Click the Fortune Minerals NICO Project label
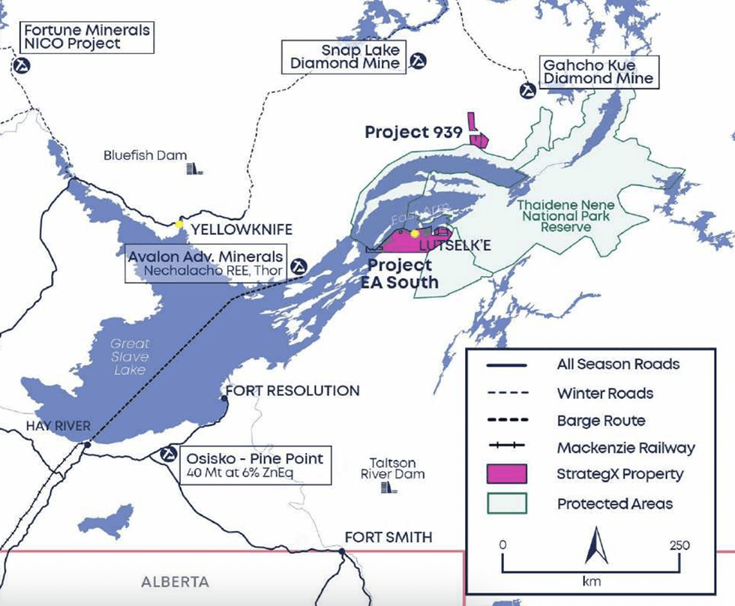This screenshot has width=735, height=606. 86,37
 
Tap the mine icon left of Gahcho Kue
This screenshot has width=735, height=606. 528,90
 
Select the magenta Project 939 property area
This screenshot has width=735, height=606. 477,137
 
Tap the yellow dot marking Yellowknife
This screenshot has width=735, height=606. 179,223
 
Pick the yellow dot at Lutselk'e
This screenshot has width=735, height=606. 415,233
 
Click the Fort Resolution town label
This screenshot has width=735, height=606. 292,391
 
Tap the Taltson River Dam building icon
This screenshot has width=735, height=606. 388,487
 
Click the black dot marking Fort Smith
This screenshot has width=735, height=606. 342,552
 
